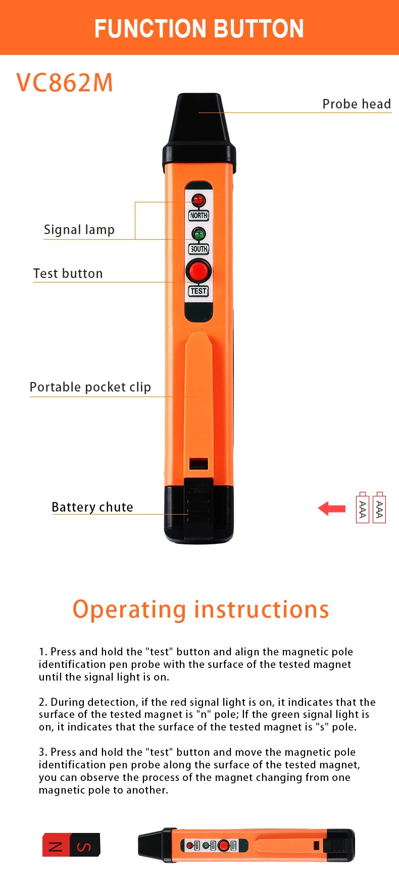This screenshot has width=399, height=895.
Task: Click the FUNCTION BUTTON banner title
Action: [x=199, y=29]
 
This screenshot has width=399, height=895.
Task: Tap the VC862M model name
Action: [x=65, y=83]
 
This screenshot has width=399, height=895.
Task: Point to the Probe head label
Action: [x=357, y=104]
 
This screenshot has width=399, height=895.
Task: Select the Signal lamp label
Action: [x=79, y=230]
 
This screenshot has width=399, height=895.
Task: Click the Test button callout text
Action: [x=68, y=273]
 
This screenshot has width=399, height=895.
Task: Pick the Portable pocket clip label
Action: [x=90, y=387]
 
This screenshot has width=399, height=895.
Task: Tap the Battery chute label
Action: [x=92, y=507]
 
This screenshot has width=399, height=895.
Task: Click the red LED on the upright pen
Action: [x=199, y=200]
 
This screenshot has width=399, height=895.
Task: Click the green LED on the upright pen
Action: [x=199, y=234]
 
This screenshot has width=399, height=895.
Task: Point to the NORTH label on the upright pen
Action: [x=199, y=215]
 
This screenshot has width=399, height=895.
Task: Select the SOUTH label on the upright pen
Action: [x=199, y=249]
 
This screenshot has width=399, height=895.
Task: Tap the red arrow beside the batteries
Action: [x=332, y=509]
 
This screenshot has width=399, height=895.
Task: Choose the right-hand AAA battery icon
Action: [x=379, y=508]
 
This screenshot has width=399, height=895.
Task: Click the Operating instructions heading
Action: [x=201, y=609]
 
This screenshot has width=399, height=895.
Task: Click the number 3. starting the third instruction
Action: [x=43, y=752]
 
